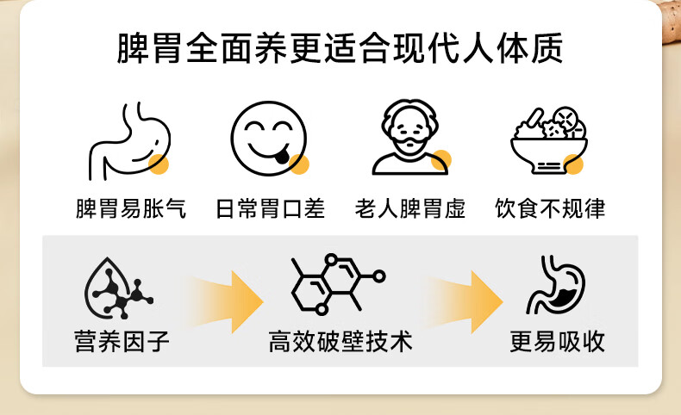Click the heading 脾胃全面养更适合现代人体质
point(340,48)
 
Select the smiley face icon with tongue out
point(268,139)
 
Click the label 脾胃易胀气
point(131,208)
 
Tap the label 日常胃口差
point(270,208)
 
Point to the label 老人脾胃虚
point(409,208)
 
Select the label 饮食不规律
point(550,208)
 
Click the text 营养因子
point(122,342)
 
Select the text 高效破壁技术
point(340,342)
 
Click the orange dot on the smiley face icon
point(299,164)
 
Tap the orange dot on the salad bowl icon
point(574,164)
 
